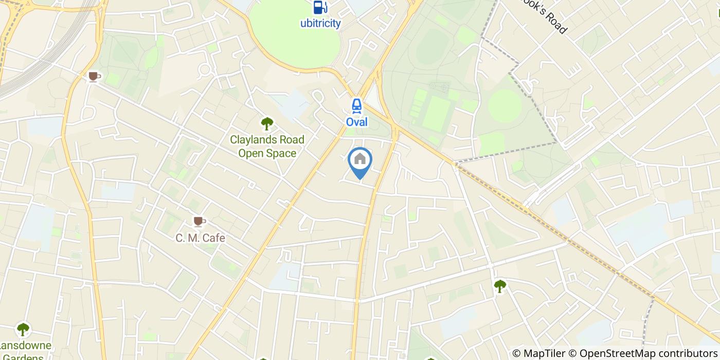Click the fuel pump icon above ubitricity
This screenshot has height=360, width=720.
coord(320,7)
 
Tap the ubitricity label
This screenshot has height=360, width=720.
coord(320,23)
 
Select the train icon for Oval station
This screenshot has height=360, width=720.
coord(356,106)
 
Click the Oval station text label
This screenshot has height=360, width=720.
coord(356,122)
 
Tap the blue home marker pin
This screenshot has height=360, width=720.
coord(360,161)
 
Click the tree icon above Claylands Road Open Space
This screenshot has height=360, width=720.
coord(266,123)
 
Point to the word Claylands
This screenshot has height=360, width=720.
coord(252,140)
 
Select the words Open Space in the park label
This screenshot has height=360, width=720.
coord(267,153)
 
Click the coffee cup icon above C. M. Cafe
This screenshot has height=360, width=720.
coord(199,222)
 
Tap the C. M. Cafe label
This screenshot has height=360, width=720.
coord(200,238)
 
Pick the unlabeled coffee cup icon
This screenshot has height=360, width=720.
coord(93,77)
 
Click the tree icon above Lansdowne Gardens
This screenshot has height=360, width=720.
coord(23,329)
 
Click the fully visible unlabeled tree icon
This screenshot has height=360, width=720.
coord(500,286)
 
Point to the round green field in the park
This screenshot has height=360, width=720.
coord(505,105)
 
